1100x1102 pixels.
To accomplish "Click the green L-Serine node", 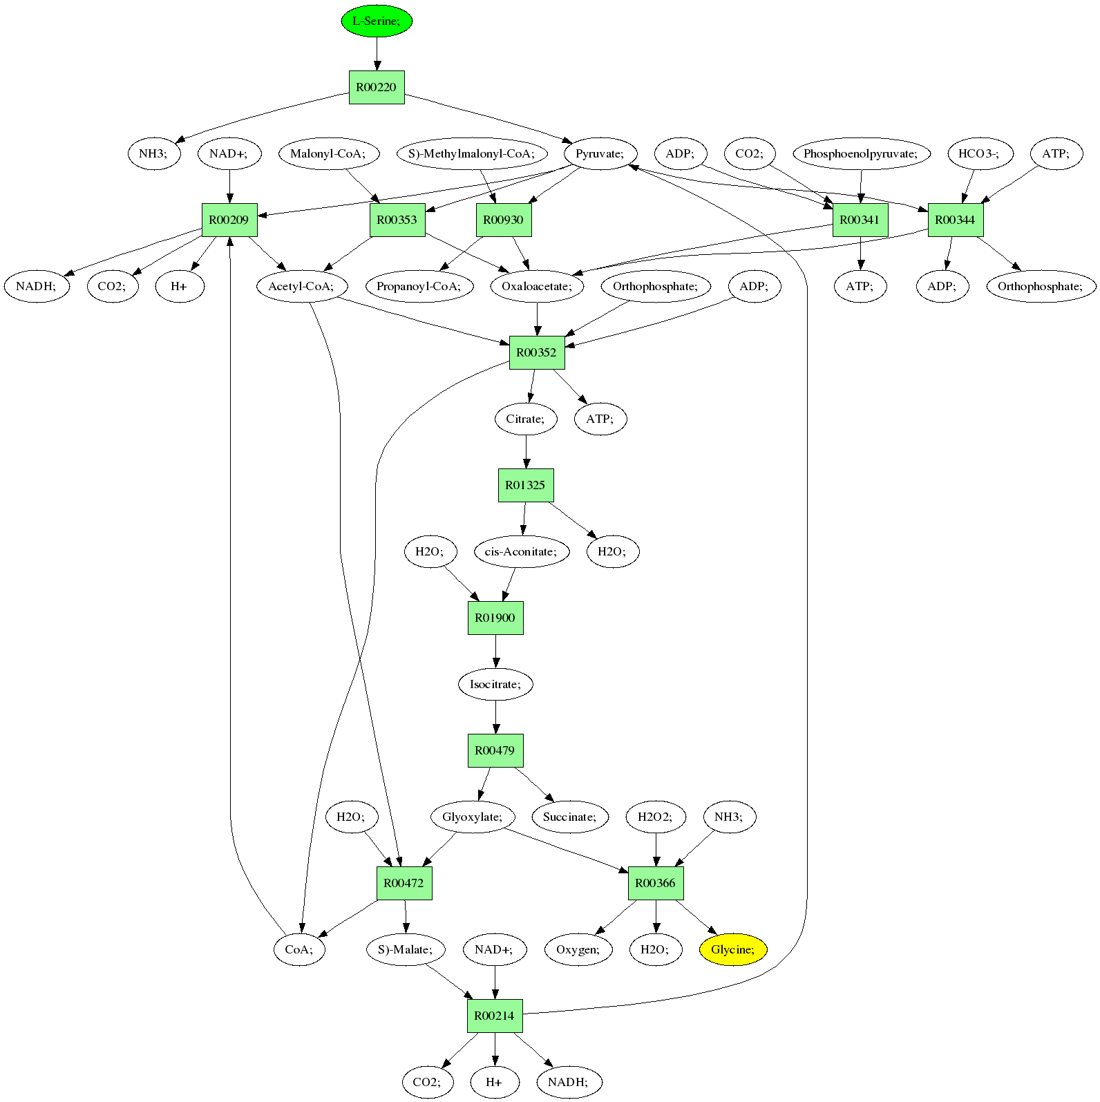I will tap(377, 21).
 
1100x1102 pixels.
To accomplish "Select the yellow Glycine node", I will tap(733, 949).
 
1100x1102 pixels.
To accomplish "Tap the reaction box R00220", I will tap(377, 87).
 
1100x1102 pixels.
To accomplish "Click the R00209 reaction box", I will tap(229, 220).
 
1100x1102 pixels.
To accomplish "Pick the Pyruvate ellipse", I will tap(600, 153).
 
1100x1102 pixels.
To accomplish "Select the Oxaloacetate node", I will tap(537, 286).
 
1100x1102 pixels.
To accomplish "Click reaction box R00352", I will tap(537, 352).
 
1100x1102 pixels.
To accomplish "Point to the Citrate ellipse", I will tap(526, 419).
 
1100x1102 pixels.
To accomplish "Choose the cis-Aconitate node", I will tap(522, 551).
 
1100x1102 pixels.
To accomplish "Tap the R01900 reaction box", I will tap(495, 618).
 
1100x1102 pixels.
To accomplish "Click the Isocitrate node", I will tap(495, 684).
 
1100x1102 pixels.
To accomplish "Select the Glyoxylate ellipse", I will tap(473, 817).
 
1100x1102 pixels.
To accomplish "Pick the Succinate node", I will tap(570, 817).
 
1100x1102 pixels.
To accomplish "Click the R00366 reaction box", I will tap(656, 883).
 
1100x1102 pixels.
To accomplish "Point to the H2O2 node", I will tap(655, 817).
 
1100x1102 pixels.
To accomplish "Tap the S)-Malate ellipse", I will tap(406, 949).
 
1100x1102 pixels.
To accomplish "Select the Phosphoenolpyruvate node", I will tap(861, 153).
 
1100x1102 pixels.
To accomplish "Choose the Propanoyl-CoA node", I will tap(419, 286).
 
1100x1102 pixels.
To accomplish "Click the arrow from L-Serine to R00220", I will tap(377, 54).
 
